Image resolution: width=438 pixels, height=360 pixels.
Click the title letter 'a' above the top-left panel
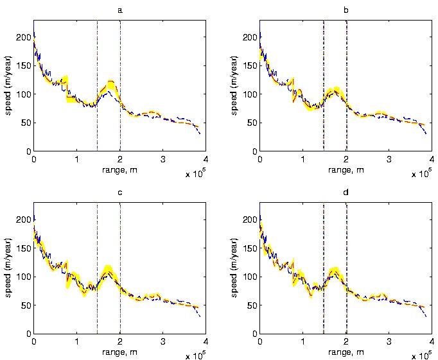(x=119, y=11)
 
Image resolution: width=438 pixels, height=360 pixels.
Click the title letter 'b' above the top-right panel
(x=346, y=11)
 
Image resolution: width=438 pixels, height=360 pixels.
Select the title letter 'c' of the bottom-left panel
(x=119, y=193)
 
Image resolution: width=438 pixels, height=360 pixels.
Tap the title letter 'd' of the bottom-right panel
(x=346, y=193)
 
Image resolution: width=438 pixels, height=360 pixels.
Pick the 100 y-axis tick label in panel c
(x=24, y=277)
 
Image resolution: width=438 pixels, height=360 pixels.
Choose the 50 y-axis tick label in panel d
(x=252, y=305)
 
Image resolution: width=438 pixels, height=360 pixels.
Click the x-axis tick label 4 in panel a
(x=206, y=159)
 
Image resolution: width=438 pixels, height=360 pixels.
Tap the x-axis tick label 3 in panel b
(x=389, y=159)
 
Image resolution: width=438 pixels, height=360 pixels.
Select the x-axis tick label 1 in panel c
(x=77, y=341)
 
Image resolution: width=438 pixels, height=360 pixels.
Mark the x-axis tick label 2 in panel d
(x=346, y=341)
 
